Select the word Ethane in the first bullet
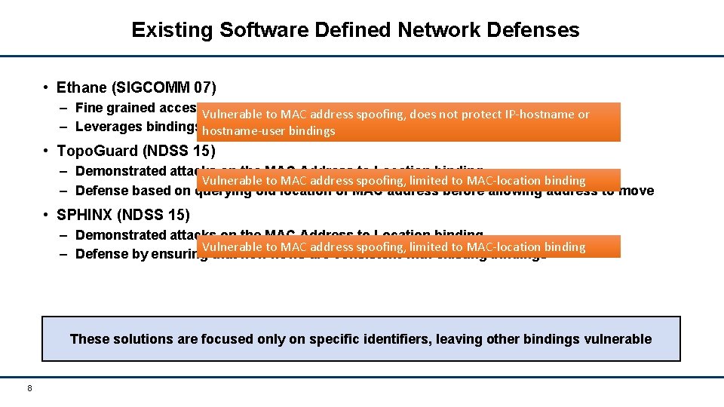click(82, 87)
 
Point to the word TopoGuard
click(93, 150)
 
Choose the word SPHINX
click(82, 214)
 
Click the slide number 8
click(29, 388)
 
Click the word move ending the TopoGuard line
click(637, 191)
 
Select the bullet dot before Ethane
click(47, 87)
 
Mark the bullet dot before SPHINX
click(47, 214)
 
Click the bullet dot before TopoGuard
click(47, 150)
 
